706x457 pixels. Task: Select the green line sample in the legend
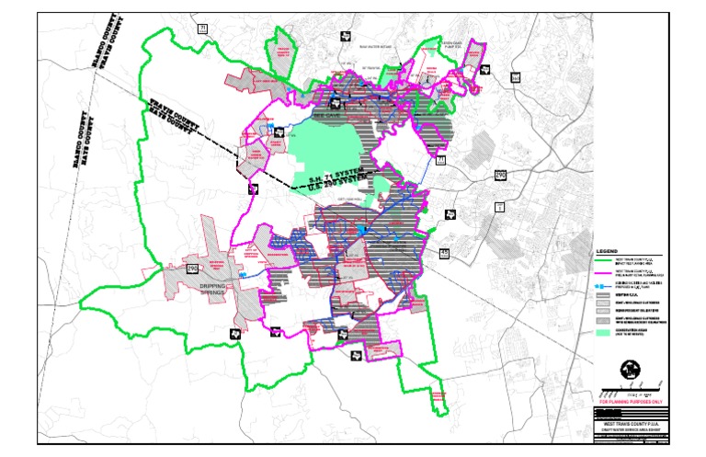pos(602,261)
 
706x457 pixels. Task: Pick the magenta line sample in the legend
pos(602,273)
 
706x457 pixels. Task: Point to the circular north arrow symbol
pos(630,368)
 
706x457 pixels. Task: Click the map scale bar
pos(630,392)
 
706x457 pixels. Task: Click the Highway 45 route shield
pos(445,252)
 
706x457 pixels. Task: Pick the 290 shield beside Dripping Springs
pos(192,268)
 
